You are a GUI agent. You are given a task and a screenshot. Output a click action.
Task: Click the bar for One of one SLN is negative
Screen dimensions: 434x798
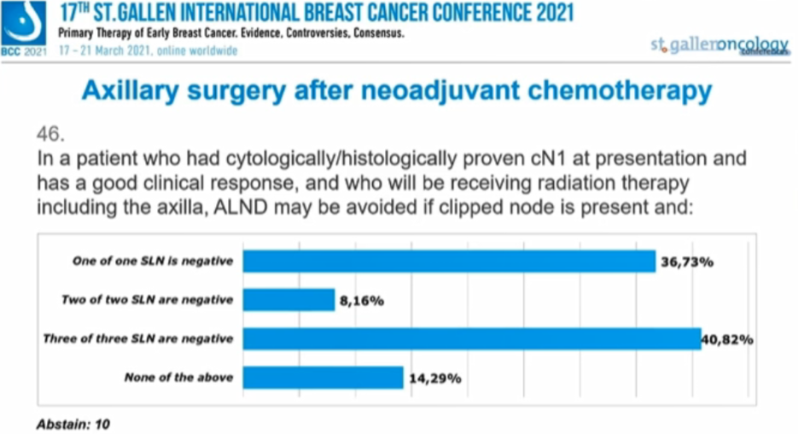pyautogui.click(x=449, y=261)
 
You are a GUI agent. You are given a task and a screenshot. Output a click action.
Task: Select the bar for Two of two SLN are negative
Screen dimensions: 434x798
pyautogui.click(x=288, y=300)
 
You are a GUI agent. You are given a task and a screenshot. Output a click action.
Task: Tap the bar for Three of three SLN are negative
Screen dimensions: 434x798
pyautogui.click(x=472, y=339)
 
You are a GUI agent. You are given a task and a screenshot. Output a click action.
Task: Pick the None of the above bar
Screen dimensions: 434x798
pyautogui.click(x=323, y=377)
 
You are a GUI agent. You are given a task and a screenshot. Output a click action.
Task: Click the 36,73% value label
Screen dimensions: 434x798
pyautogui.click(x=686, y=262)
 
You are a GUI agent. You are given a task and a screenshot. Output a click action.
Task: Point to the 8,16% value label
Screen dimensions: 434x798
pyautogui.click(x=362, y=300)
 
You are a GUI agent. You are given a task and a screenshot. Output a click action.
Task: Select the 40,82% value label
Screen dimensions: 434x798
pyautogui.click(x=728, y=339)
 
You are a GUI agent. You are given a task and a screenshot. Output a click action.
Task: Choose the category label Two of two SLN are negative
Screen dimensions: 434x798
pyautogui.click(x=147, y=300)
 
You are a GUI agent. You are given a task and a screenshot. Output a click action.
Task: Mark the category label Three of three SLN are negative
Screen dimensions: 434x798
pyautogui.click(x=138, y=339)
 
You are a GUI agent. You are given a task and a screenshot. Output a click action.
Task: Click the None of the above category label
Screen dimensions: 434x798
pyautogui.click(x=178, y=377)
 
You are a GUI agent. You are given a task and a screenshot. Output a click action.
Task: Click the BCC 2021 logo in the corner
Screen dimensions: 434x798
pyautogui.click(x=23, y=29)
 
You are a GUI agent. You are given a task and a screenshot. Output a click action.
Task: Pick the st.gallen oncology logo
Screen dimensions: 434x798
pyautogui.click(x=717, y=45)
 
